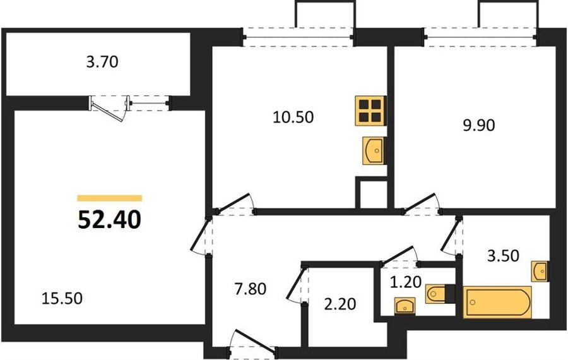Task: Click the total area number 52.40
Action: point(109,220)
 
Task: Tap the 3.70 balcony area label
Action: point(102,62)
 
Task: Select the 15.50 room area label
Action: point(62,298)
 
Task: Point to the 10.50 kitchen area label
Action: point(293,117)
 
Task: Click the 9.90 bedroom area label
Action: point(479,126)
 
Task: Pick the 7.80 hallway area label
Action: point(251,289)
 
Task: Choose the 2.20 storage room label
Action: point(340,304)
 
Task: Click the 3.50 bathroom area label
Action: point(503,256)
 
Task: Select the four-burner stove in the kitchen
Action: point(370,111)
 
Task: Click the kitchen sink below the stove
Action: point(374,150)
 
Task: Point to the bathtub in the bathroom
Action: point(497,302)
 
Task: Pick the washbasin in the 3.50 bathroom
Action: point(540,271)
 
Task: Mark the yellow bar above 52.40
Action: point(109,198)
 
